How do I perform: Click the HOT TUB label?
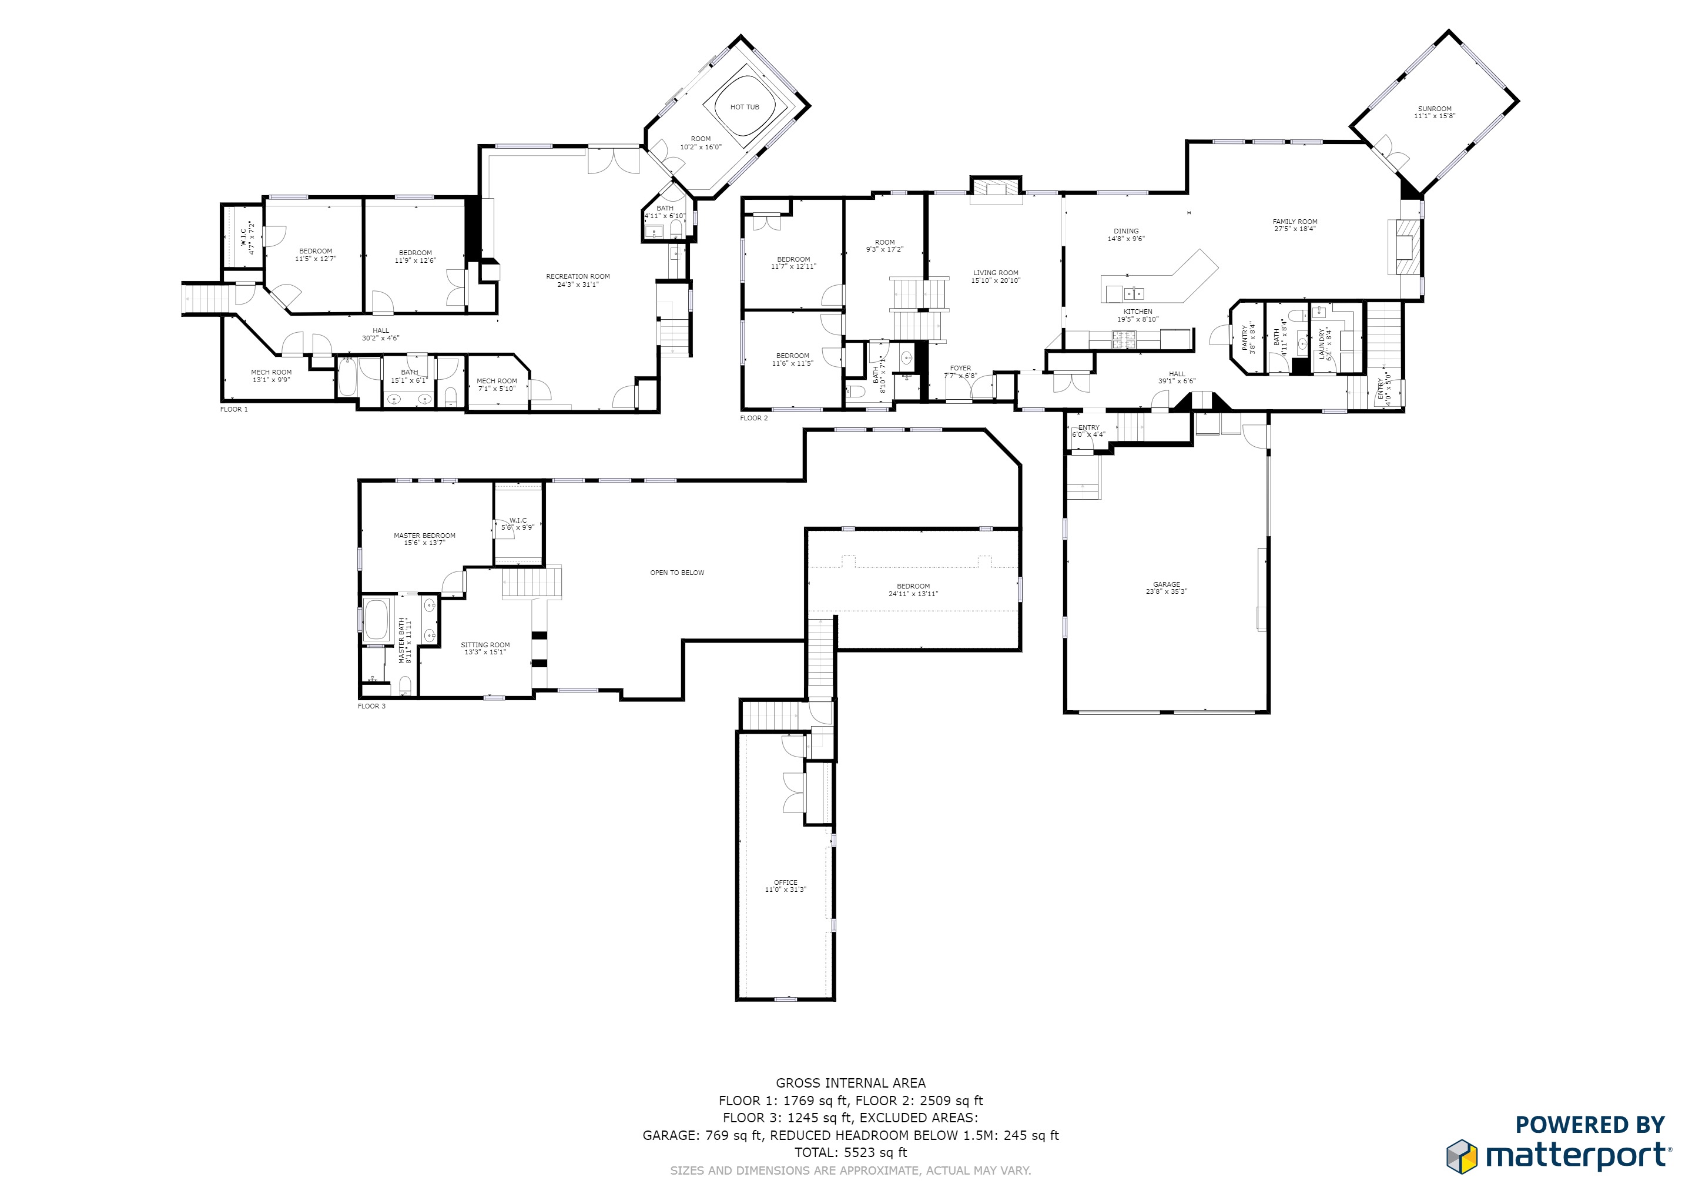pos(744,108)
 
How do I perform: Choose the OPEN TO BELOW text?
pos(677,573)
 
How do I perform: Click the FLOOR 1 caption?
pos(233,409)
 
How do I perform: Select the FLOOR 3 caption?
pos(371,707)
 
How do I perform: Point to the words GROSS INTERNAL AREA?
pos(850,1083)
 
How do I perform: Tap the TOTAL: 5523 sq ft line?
pos(850,1153)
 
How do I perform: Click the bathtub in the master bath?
pos(377,620)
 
